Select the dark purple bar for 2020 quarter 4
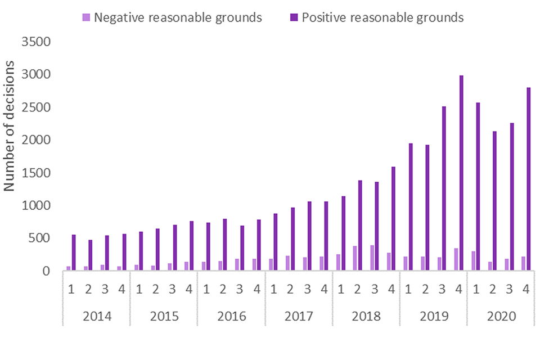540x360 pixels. tap(529, 179)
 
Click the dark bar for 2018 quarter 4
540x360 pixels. tap(394, 219)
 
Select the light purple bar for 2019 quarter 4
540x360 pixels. tap(457, 260)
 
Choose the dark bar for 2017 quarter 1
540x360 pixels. tap(276, 242)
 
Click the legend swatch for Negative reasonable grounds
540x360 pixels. tap(86, 17)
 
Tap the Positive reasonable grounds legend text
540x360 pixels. tap(382, 17)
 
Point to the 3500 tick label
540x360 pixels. tap(35, 42)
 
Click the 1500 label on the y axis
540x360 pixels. tap(35, 173)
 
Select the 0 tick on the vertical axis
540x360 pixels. tap(47, 271)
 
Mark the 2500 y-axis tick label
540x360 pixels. tap(35, 107)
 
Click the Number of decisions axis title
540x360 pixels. tap(10, 127)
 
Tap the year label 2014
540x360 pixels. tap(97, 316)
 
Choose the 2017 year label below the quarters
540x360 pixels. tap(299, 316)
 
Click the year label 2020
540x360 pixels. tap(502, 316)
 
